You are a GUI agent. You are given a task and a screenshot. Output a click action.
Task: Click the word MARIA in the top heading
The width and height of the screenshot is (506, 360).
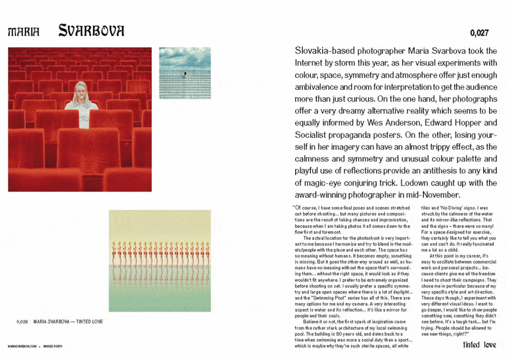click(23, 32)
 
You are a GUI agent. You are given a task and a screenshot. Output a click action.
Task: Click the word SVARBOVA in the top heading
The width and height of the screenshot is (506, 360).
click(91, 31)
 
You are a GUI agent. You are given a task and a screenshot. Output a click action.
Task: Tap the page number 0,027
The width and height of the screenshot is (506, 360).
click(479, 33)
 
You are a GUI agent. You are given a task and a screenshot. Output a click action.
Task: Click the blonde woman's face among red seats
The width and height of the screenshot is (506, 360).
click(81, 91)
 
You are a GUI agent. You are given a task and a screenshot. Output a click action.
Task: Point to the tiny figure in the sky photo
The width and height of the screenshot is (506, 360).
click(185, 74)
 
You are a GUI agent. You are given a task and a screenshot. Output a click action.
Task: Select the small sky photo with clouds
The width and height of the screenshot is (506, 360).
click(185, 73)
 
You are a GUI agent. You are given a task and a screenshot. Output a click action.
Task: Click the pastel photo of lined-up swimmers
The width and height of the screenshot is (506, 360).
click(160, 261)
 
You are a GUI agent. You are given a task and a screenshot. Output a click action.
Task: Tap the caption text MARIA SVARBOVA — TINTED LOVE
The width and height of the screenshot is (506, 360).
click(68, 322)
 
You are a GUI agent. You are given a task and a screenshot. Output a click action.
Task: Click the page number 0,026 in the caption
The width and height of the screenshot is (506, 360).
click(22, 322)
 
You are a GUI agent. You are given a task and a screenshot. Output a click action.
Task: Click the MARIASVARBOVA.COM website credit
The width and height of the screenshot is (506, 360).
click(22, 346)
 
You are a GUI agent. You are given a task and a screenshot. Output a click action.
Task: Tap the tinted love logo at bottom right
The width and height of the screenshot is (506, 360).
click(479, 345)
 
